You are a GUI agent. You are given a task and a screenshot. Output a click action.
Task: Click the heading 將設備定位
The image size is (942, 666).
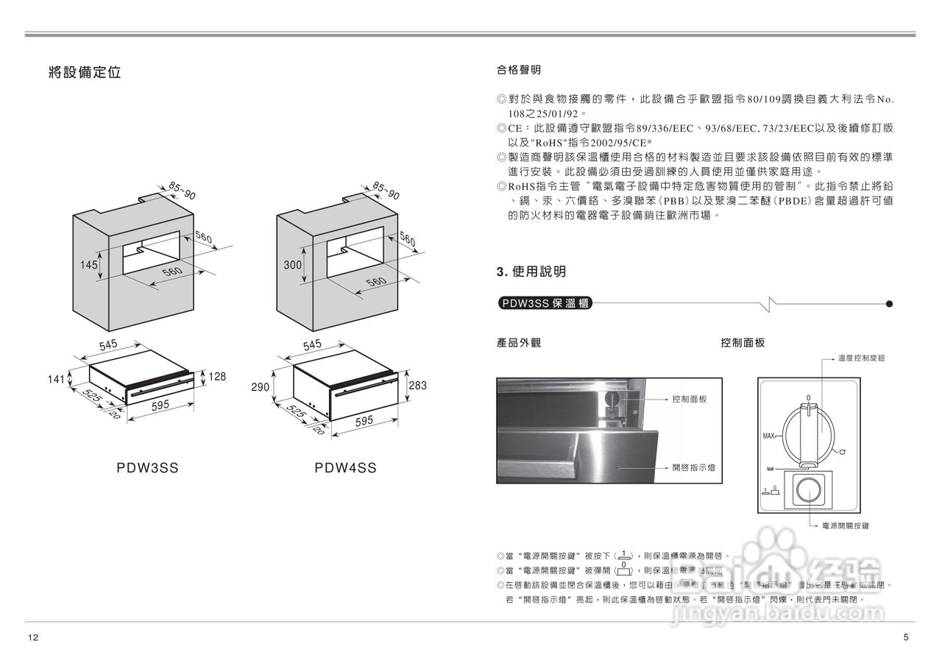[84, 72]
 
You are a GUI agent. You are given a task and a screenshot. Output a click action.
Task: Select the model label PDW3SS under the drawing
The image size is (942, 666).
[147, 468]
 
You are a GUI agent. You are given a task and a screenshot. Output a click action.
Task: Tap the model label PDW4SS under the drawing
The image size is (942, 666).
[345, 468]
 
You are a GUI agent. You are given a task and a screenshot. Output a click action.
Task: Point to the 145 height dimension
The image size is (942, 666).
[89, 265]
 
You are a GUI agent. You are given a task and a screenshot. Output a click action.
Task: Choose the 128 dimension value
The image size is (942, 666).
[216, 376]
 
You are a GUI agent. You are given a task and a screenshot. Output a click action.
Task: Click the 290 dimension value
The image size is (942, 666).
[261, 386]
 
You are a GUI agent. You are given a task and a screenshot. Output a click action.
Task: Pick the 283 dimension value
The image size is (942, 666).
[417, 385]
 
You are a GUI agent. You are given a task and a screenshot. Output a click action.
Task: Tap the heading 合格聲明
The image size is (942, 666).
[519, 70]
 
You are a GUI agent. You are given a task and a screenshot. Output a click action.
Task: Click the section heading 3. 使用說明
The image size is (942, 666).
[531, 272]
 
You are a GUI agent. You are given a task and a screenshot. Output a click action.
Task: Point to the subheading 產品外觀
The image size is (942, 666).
[519, 343]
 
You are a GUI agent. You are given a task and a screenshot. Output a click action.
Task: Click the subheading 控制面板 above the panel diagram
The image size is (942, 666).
[743, 343]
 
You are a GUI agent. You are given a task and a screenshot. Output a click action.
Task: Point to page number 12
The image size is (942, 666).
[32, 637]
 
